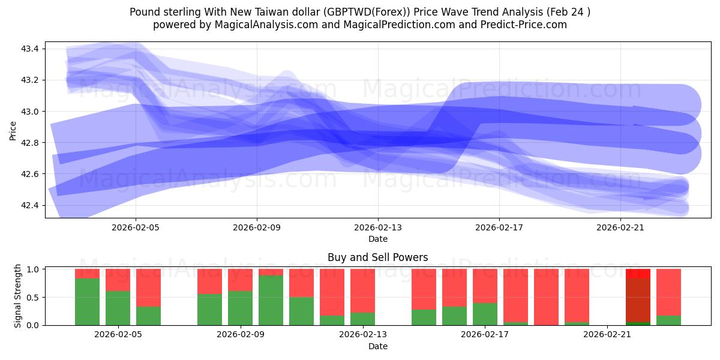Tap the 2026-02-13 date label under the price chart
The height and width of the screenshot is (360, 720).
tap(378, 228)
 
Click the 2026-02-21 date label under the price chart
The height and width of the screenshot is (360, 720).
tap(620, 228)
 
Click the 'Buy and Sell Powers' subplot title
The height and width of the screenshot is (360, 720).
tap(377, 257)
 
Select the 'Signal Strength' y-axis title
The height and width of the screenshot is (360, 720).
tap(18, 295)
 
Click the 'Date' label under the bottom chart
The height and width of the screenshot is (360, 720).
tap(377, 346)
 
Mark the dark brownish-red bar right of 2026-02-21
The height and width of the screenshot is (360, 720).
tap(638, 300)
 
